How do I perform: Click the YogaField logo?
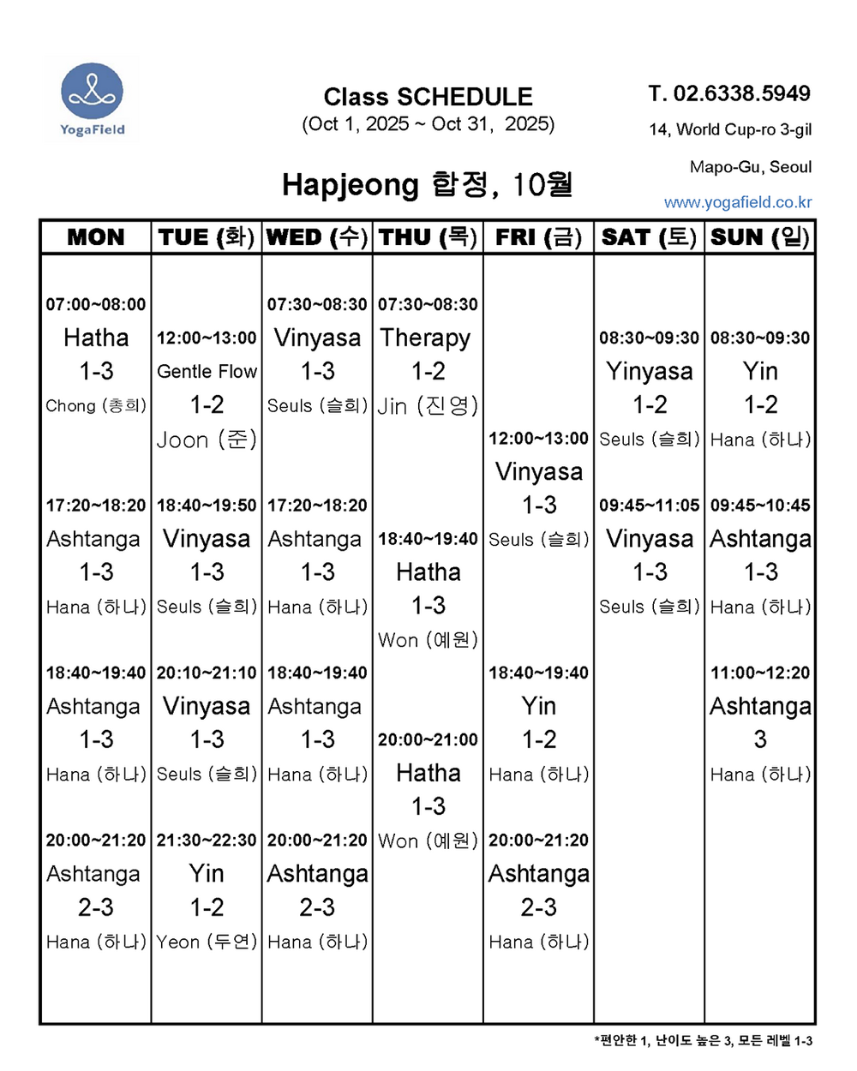pos(93,98)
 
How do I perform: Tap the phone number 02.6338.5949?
pos(729,93)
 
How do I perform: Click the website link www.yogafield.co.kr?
pos(738,202)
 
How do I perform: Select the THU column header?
pos(428,237)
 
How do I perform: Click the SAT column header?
pos(649,237)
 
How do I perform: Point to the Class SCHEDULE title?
pos(428,97)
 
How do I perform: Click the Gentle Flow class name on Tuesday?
pos(207,371)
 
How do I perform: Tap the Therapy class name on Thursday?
pos(425,338)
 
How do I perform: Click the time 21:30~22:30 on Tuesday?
pos(207,841)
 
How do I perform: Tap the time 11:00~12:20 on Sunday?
pos(760,673)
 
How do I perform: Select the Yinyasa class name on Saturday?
pos(649,371)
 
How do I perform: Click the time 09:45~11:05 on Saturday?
pos(649,506)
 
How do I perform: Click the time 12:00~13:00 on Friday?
pos(538,439)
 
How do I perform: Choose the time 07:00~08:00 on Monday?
pos(96,304)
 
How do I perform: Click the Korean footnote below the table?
pos(703,1041)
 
